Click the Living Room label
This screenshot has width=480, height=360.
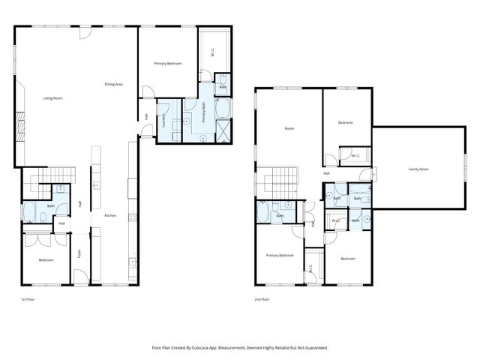[x=52, y=98]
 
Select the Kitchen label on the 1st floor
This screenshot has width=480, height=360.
[x=110, y=216]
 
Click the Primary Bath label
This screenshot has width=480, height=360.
[x=204, y=115]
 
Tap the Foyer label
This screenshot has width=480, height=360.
[x=80, y=253]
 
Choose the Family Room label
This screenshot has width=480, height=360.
[x=418, y=169]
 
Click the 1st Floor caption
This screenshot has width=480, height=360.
[x=28, y=298]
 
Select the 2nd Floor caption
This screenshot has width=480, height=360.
[x=262, y=298]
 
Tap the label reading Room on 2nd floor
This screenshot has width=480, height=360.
[x=289, y=128]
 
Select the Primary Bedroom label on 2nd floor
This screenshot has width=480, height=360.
[x=280, y=255]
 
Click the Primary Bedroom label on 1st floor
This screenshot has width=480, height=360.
[x=168, y=63]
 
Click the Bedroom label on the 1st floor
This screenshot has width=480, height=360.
[x=46, y=259]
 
